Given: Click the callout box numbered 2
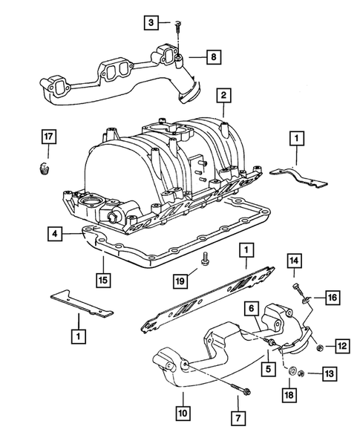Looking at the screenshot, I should (221, 96).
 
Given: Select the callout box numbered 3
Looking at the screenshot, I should (151, 24).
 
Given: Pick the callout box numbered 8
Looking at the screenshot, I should (212, 56).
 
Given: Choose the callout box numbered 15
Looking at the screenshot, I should (102, 280).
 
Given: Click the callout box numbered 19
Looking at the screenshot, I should (180, 281).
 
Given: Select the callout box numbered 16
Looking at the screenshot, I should (331, 297).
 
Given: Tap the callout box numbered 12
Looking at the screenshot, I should (341, 345).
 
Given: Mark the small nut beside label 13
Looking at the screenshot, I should (310, 373).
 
